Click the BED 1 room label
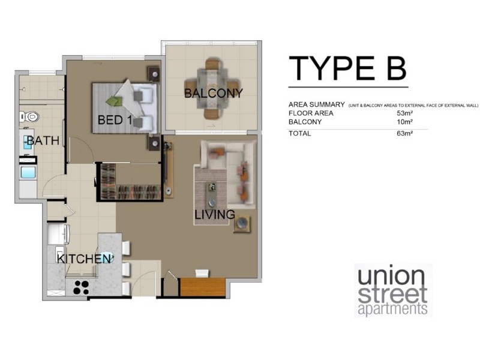click(115, 120)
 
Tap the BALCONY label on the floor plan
click(214, 94)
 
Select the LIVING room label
click(214, 214)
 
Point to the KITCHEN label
click(84, 259)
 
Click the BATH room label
click(43, 141)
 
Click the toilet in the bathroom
click(31, 116)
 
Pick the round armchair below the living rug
click(243, 223)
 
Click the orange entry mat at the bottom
click(202, 287)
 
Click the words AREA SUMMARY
click(316, 104)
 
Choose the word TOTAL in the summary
click(300, 133)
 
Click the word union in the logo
click(392, 278)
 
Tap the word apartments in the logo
click(392, 310)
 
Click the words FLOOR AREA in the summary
click(310, 113)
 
